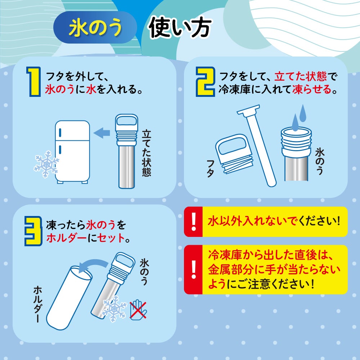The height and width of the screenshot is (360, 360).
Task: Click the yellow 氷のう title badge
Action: click(95, 27)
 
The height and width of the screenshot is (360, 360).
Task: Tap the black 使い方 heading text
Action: click(180, 28)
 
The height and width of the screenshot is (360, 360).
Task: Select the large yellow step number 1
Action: click(34, 81)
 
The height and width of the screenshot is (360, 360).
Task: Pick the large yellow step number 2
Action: click(205, 81)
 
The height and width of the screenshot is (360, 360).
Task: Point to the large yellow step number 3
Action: click(33, 231)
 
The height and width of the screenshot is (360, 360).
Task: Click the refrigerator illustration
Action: click(72, 152)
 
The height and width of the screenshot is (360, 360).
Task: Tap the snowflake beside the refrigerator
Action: click(46, 164)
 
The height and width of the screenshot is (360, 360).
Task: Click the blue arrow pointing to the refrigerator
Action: click(102, 133)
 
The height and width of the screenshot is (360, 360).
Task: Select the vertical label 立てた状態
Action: click(146, 153)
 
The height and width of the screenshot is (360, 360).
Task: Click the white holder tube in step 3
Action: click(69, 298)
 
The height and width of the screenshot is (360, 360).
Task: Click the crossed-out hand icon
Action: click(138, 310)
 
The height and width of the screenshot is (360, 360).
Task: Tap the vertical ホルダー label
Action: click(38, 304)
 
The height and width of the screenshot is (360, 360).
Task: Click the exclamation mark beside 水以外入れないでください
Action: click(194, 221)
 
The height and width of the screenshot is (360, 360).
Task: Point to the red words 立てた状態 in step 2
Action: click(300, 76)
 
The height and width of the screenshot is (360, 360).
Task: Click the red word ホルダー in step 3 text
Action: click(66, 238)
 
